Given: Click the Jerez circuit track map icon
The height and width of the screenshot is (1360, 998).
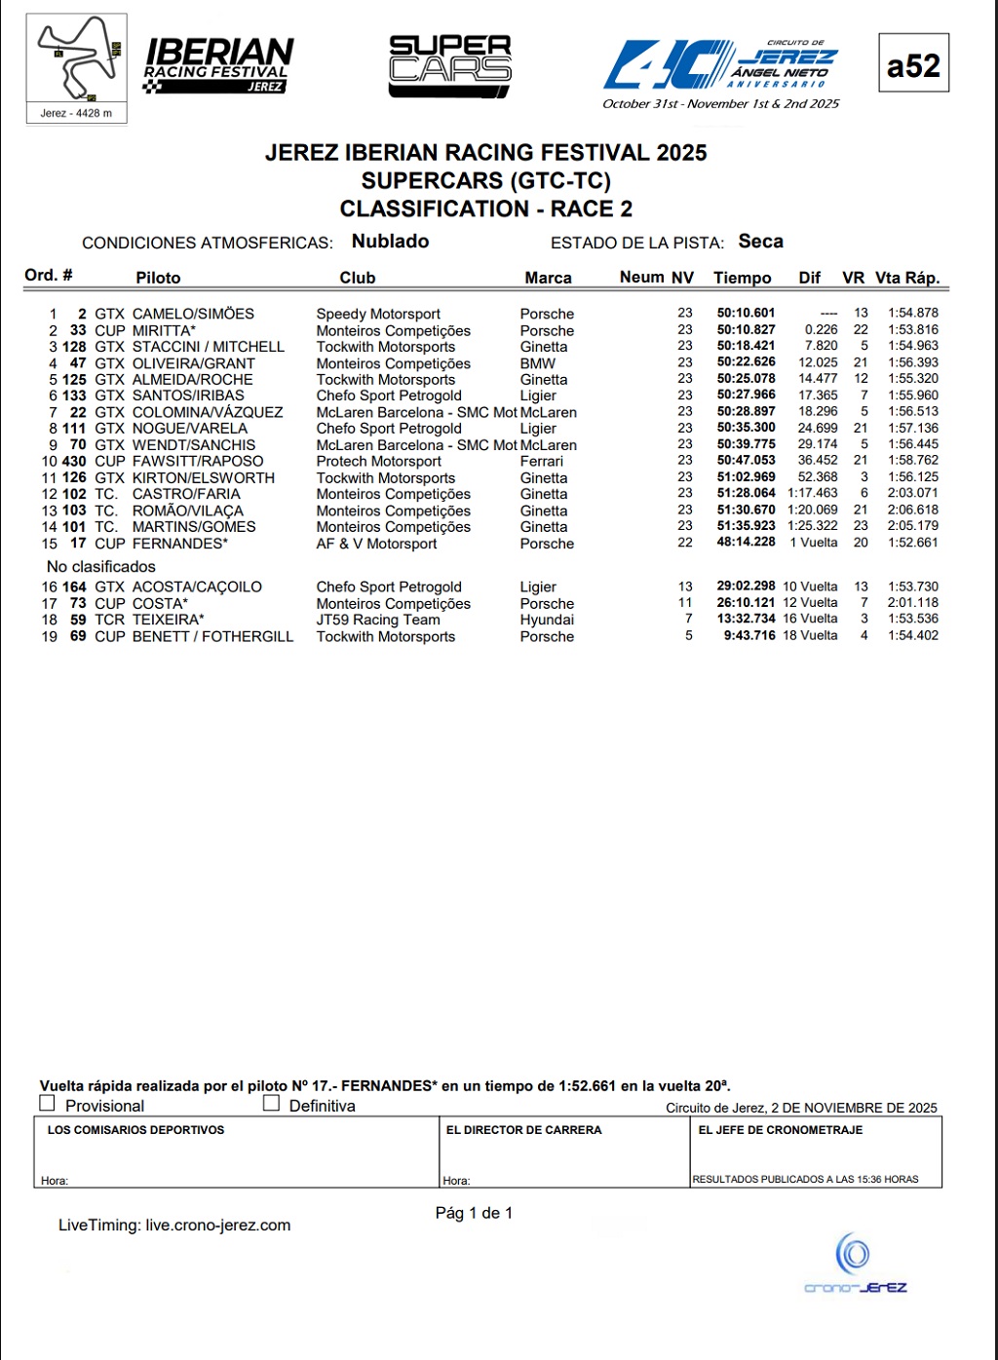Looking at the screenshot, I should pyautogui.click(x=77, y=60).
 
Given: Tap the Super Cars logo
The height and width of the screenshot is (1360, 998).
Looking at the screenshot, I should pyautogui.click(x=450, y=66).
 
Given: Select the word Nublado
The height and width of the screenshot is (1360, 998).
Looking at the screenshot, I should pyautogui.click(x=390, y=242).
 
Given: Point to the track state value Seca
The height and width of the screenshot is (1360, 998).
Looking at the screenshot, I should pyautogui.click(x=760, y=242).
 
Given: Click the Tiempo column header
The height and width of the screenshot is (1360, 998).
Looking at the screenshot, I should pyautogui.click(x=742, y=278).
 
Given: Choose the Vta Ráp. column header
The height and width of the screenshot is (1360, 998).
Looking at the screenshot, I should pyautogui.click(x=907, y=278).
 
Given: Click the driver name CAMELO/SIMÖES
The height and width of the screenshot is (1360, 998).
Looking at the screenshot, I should pyautogui.click(x=193, y=314).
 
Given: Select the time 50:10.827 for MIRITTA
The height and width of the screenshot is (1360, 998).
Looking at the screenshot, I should pyautogui.click(x=746, y=330).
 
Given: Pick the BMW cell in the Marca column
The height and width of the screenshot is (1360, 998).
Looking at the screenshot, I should pyautogui.click(x=537, y=363).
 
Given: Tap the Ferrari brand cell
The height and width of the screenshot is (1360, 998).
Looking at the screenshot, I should pyautogui.click(x=541, y=462).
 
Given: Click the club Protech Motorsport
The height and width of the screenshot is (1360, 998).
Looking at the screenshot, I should pyautogui.click(x=378, y=462).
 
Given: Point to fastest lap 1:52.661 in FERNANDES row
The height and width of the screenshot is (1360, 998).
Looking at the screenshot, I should pyautogui.click(x=912, y=543).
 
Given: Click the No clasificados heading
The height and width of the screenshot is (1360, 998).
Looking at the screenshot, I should pyautogui.click(x=101, y=567).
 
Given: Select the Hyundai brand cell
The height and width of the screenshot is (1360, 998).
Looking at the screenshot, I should pyautogui.click(x=547, y=620).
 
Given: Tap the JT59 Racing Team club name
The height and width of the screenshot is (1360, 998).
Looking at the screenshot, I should pyautogui.click(x=378, y=620).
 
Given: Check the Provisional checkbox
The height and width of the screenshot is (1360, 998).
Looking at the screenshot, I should pyautogui.click(x=47, y=1103).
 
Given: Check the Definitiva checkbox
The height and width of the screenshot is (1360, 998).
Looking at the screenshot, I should pyautogui.click(x=271, y=1103).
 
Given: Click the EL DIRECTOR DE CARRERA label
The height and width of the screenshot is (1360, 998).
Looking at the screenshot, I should pyautogui.click(x=523, y=1130).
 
